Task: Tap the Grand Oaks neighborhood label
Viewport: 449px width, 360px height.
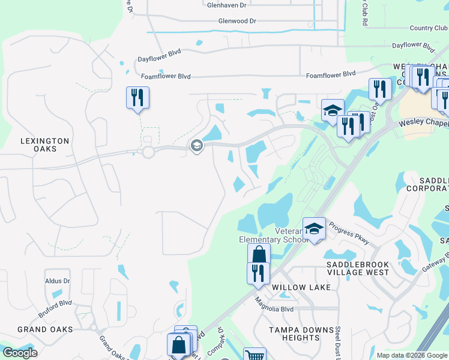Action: tap(45, 329)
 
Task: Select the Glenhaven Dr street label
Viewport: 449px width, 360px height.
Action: tap(227, 5)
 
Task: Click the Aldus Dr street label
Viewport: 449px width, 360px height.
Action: tap(58, 281)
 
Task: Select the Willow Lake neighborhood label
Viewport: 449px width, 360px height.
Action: tap(301, 287)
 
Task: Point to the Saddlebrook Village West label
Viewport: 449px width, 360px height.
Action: tap(358, 268)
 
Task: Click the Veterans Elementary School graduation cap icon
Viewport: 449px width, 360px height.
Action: tap(314, 229)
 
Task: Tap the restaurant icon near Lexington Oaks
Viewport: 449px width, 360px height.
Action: tap(137, 97)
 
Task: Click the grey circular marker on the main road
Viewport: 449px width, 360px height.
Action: tap(196, 146)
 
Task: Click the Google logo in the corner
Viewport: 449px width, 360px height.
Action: tap(20, 353)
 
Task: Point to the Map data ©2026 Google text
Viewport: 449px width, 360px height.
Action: tap(412, 355)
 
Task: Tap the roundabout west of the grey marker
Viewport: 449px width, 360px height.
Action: tap(148, 152)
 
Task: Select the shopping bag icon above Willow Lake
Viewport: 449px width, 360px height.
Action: tap(259, 254)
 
